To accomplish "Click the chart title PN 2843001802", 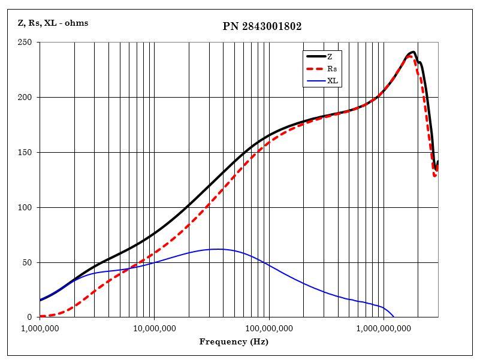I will [x=262, y=26].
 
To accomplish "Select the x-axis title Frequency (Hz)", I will [x=234, y=342].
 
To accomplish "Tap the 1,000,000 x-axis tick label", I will [x=40, y=328].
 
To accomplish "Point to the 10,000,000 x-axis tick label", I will [x=155, y=328].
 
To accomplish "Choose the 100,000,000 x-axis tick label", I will [x=269, y=328].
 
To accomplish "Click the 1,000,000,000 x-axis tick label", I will [x=384, y=328].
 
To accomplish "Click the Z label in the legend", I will [x=330, y=56].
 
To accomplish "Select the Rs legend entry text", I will [x=331, y=69].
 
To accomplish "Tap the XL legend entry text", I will [x=332, y=81].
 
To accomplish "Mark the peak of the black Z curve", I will [x=413, y=52].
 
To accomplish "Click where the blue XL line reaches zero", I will [x=394, y=317].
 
